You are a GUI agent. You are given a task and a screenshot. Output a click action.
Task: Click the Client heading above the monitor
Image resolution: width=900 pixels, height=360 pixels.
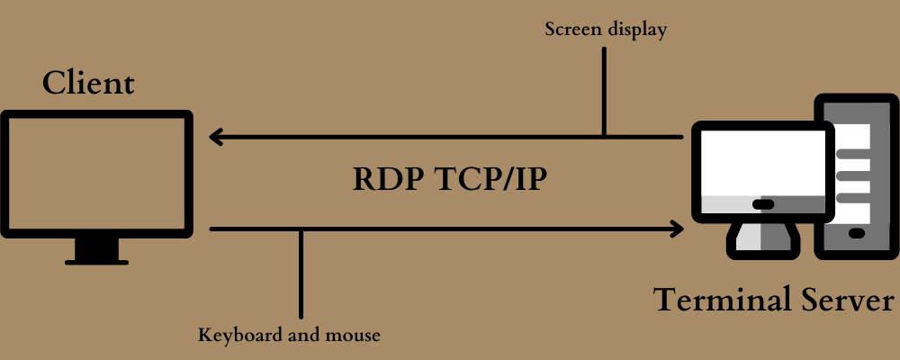click(x=88, y=84)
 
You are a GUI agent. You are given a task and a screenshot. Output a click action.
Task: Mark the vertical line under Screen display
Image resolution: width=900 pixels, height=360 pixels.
click(x=605, y=90)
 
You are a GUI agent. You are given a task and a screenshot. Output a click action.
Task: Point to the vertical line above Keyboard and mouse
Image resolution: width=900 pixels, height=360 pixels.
click(x=301, y=270)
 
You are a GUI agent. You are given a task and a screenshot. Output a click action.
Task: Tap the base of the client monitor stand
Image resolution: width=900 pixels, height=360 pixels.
click(x=96, y=261)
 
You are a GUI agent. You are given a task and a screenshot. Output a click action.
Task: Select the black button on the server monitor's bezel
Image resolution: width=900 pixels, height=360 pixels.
click(x=762, y=204)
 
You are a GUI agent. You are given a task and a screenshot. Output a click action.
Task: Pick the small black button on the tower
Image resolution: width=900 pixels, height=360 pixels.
click(x=856, y=233)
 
